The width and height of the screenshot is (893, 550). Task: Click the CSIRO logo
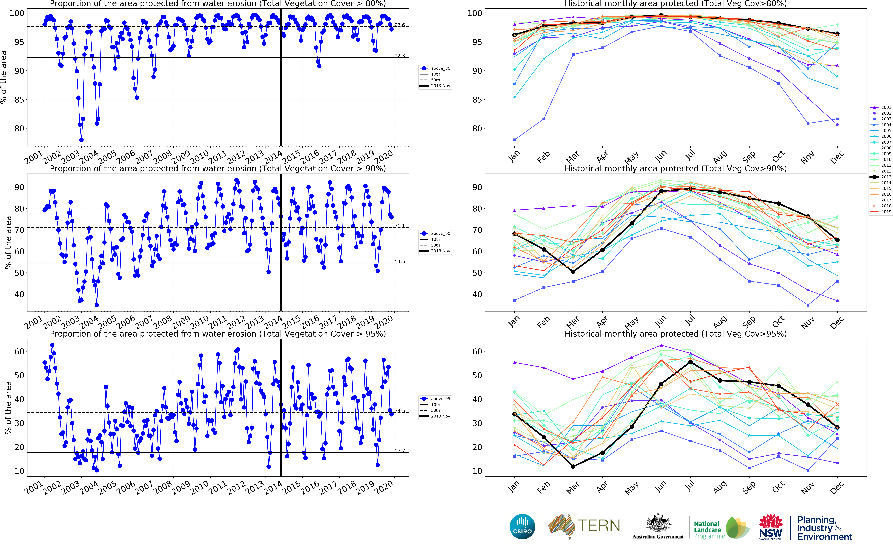[x=522, y=526]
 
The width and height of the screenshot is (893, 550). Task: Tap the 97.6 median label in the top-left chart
[x=399, y=25]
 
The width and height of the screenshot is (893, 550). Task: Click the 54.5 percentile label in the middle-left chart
[x=399, y=261]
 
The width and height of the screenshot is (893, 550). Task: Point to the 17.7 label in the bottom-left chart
[x=399, y=451]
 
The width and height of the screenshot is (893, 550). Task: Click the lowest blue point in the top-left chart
[x=81, y=140]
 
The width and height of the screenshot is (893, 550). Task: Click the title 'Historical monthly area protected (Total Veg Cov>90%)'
[x=675, y=168]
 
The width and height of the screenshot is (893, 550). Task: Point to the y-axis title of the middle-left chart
[x=8, y=242]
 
